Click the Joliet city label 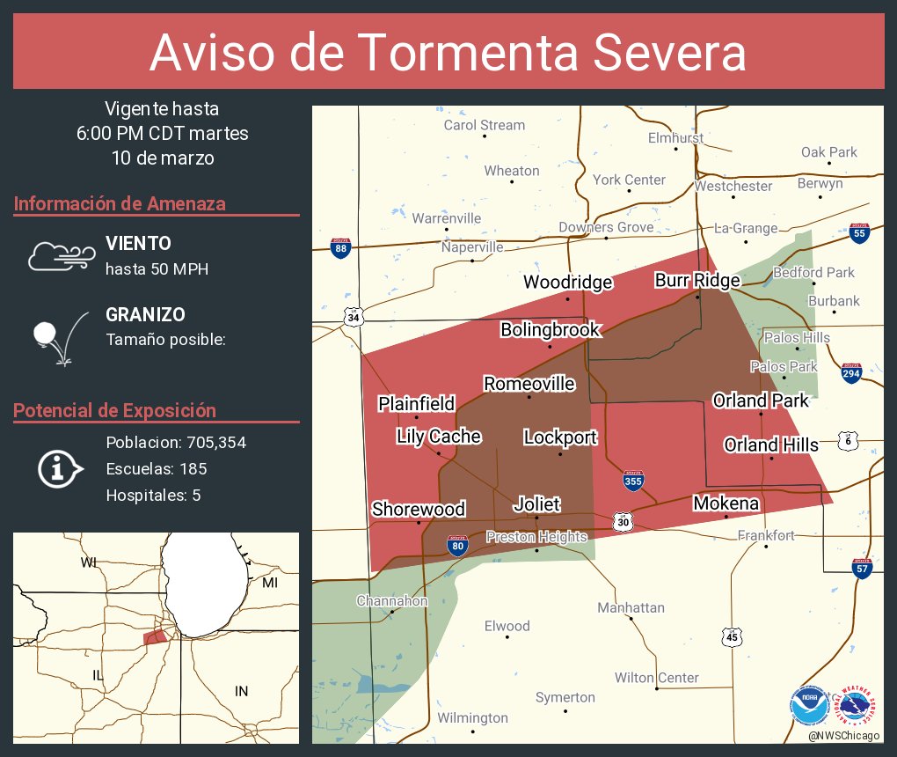[536, 504]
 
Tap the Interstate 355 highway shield [633, 481]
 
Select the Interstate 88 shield [340, 248]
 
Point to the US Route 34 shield [354, 316]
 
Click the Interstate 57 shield [863, 568]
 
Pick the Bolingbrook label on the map [550, 330]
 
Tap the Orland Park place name [760, 401]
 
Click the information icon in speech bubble [60, 468]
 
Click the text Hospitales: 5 [153, 496]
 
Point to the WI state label [89, 562]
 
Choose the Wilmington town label [472, 718]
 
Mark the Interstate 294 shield [850, 372]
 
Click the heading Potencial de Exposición [114, 411]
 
